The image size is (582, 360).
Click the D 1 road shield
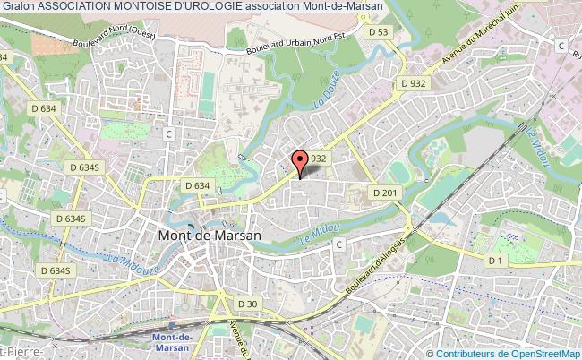click(x=494, y=260)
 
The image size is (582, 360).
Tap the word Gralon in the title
click(x=17, y=6)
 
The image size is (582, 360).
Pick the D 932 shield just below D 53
click(x=414, y=83)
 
